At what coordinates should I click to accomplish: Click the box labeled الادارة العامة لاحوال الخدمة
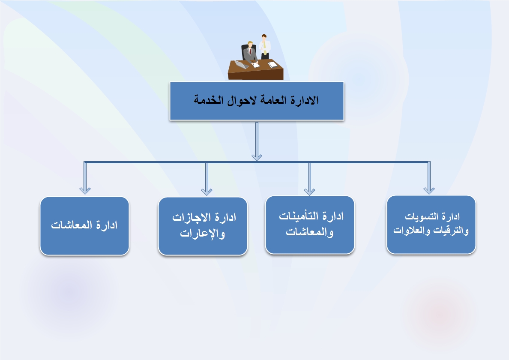(257, 101)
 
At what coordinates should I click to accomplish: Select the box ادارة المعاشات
(84, 226)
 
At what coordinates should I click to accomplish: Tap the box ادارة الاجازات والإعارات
(203, 226)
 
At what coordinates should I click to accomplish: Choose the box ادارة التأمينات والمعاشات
(310, 225)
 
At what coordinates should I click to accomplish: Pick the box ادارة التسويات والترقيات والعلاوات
(431, 225)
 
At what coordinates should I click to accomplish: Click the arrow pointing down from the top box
(257, 141)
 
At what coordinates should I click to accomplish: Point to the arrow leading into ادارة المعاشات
(85, 178)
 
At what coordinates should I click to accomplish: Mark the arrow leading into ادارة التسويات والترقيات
(429, 178)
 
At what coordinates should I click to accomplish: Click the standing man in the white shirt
(265, 47)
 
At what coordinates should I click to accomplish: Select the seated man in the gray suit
(250, 53)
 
